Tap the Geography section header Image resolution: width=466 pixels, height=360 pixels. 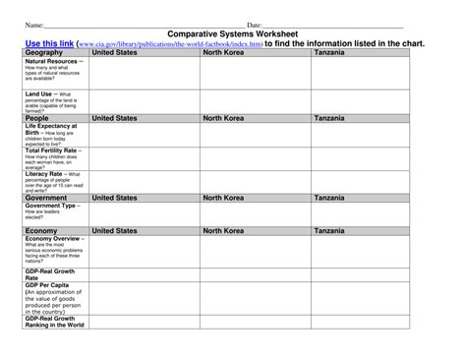pos(44,52)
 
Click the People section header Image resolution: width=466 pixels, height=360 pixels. pos(37,118)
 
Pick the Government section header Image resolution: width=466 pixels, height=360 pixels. pos(46,198)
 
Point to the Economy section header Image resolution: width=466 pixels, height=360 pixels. pos(41,230)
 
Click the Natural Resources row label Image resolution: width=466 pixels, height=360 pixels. pos(54,61)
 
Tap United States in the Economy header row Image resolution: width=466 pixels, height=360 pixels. pos(114,230)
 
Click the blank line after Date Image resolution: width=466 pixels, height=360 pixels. pos(334,25)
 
